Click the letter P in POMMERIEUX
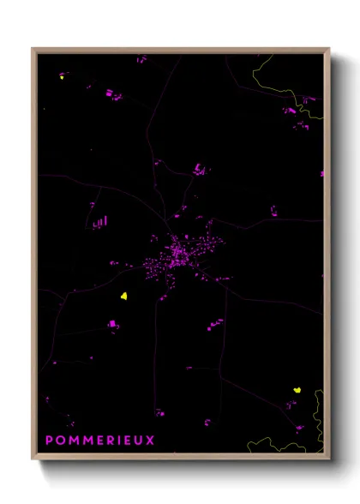(x=49, y=441)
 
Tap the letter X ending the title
(x=151, y=441)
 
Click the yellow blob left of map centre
(x=124, y=297)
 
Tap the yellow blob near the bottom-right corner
(x=297, y=389)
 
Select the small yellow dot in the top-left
(x=62, y=76)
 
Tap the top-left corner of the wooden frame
(x=33, y=49)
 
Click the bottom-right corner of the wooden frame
(x=329, y=459)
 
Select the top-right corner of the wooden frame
(x=329, y=49)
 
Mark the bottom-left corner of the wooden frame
(x=33, y=459)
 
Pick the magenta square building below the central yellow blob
(x=112, y=324)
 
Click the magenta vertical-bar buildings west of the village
(x=100, y=223)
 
